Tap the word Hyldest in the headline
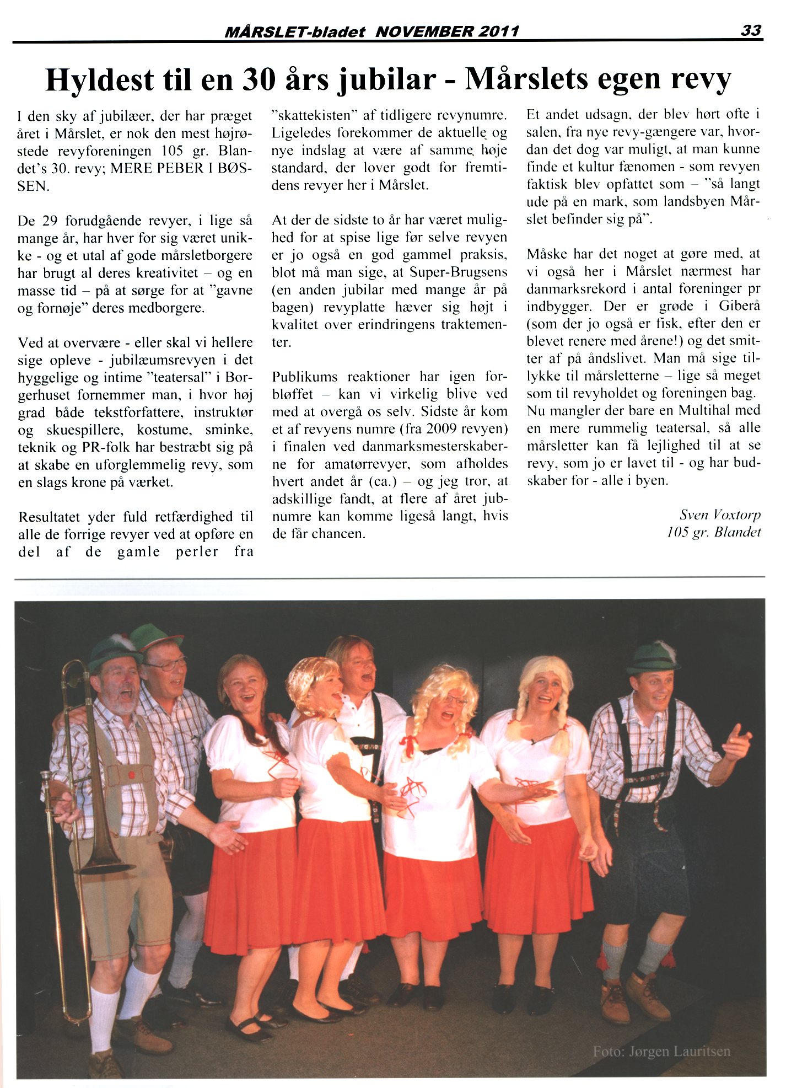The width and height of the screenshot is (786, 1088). pyautogui.click(x=100, y=80)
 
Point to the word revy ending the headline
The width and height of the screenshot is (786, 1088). pyautogui.click(x=701, y=79)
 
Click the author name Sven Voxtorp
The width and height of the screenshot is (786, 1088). pyautogui.click(x=720, y=514)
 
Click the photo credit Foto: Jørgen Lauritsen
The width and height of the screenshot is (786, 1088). pyautogui.click(x=661, y=1051)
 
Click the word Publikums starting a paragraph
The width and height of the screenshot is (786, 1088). pyautogui.click(x=305, y=377)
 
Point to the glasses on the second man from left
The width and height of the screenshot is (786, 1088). pyautogui.click(x=165, y=664)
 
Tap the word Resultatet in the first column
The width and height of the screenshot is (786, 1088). pyautogui.click(x=49, y=517)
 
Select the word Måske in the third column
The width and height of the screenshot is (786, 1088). pyautogui.click(x=546, y=254)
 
